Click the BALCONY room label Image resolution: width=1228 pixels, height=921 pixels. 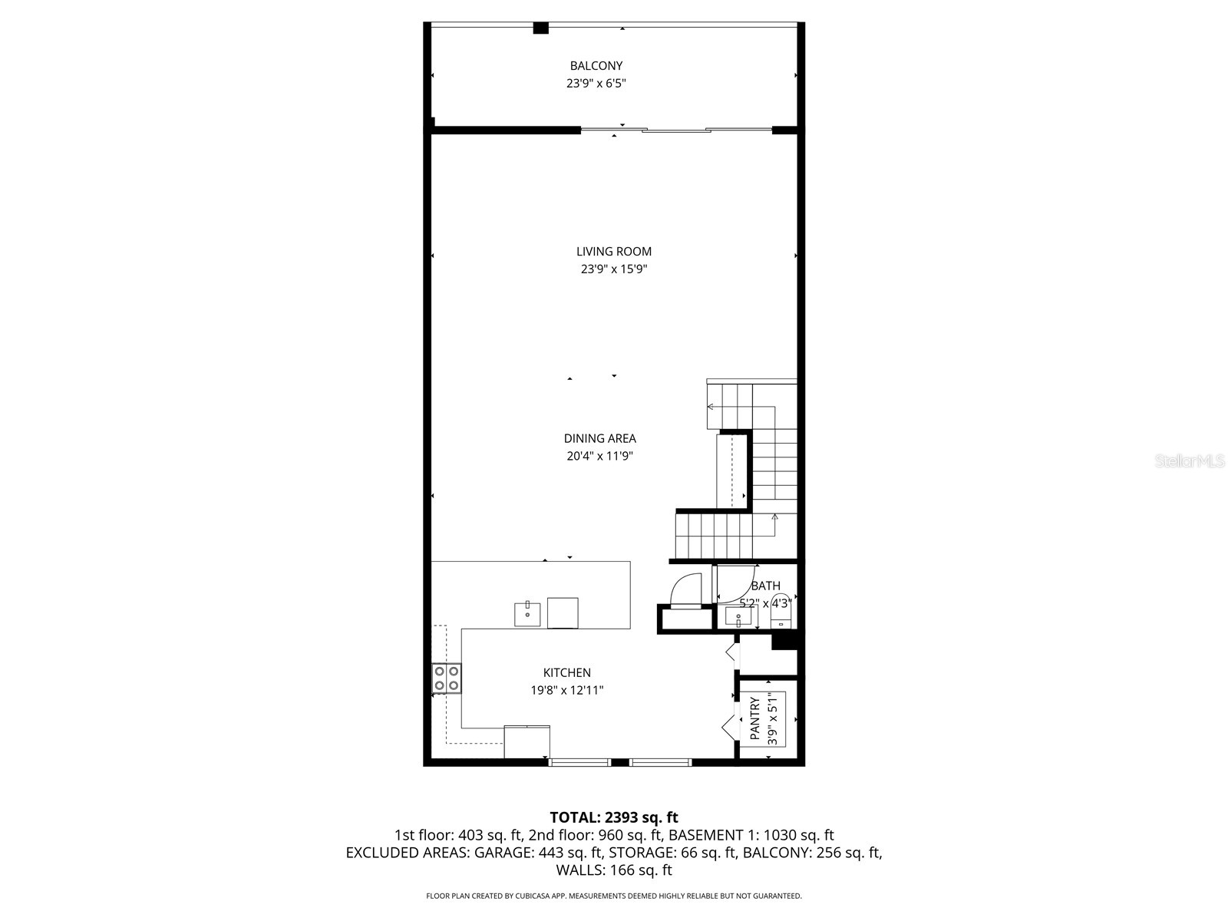pyautogui.click(x=596, y=66)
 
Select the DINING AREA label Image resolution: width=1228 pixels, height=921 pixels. pyautogui.click(x=599, y=438)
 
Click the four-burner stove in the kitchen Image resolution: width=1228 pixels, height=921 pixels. pyautogui.click(x=447, y=678)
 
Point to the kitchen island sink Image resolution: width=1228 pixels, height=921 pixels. pyautogui.click(x=527, y=615)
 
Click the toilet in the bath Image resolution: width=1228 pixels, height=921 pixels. pyautogui.click(x=781, y=603)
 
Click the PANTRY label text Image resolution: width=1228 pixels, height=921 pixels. pyautogui.click(x=755, y=719)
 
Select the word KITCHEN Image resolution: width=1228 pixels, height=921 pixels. pyautogui.click(x=567, y=673)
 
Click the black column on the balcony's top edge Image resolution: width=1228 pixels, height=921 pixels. pyautogui.click(x=540, y=28)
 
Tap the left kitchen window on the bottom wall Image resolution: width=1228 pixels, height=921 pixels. pyautogui.click(x=580, y=762)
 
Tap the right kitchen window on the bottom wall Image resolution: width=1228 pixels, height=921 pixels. pyautogui.click(x=661, y=762)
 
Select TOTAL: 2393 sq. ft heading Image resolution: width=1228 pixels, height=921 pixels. pyautogui.click(x=614, y=817)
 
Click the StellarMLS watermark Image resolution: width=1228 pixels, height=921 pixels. pyautogui.click(x=1190, y=461)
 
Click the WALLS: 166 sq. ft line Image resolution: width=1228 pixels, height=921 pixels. pyautogui.click(x=614, y=870)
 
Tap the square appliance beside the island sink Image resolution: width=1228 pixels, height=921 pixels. pyautogui.click(x=563, y=612)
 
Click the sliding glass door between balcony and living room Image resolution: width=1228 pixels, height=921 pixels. pyautogui.click(x=675, y=130)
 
